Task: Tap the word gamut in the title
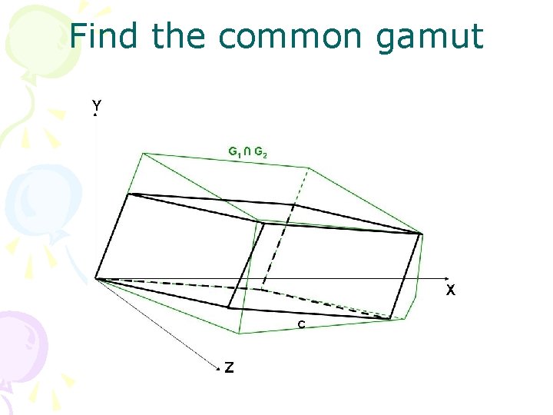pyautogui.click(x=431, y=37)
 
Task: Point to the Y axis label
pyautogui.click(x=96, y=104)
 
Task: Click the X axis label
pyautogui.click(x=451, y=290)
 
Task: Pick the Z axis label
pyautogui.click(x=229, y=367)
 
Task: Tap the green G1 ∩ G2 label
pyautogui.click(x=248, y=153)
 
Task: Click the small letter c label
pyautogui.click(x=302, y=324)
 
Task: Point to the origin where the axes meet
pyautogui.click(x=95, y=278)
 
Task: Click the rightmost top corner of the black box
pyautogui.click(x=422, y=233)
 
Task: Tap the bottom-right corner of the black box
pyautogui.click(x=392, y=318)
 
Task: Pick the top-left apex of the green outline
pyautogui.click(x=144, y=153)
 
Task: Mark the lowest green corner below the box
pyautogui.click(x=240, y=334)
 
